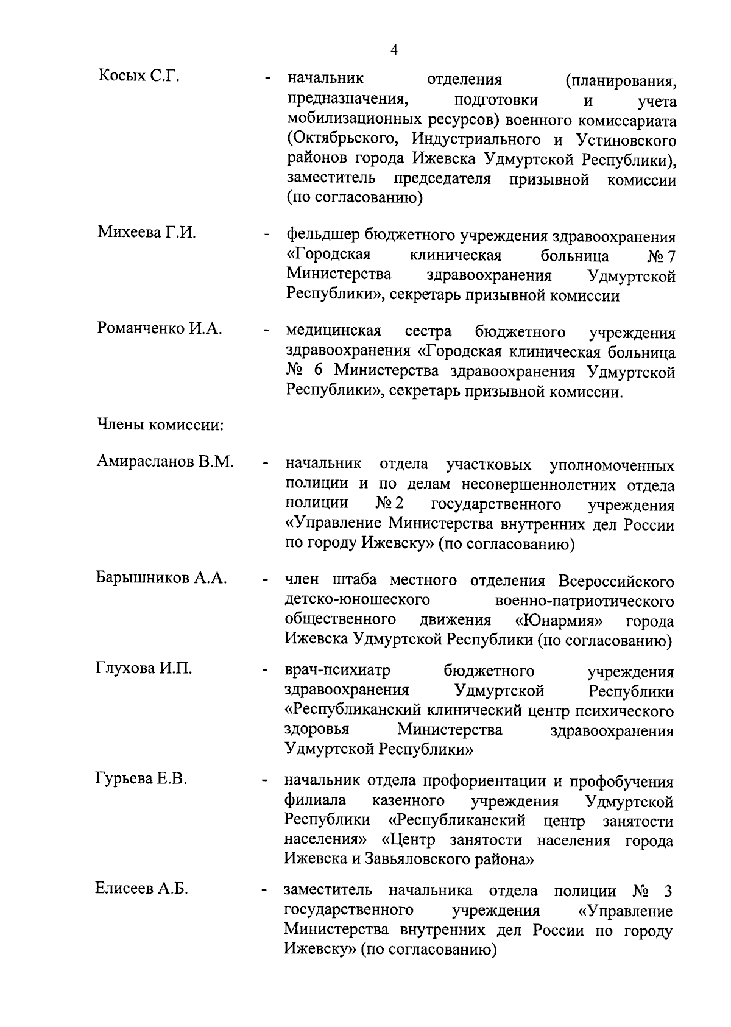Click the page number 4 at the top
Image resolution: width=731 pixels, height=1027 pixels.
click(394, 51)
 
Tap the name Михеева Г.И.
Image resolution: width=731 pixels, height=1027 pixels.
click(146, 233)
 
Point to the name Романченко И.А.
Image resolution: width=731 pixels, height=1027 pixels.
click(160, 328)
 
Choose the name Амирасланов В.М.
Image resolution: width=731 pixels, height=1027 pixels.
click(165, 462)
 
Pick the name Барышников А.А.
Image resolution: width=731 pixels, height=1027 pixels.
click(161, 578)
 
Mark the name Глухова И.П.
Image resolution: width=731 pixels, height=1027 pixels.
click(144, 668)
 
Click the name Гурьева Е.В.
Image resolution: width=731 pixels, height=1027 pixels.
click(141, 778)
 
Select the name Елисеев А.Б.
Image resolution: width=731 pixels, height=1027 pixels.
click(141, 889)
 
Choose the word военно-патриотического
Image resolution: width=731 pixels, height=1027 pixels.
click(585, 601)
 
